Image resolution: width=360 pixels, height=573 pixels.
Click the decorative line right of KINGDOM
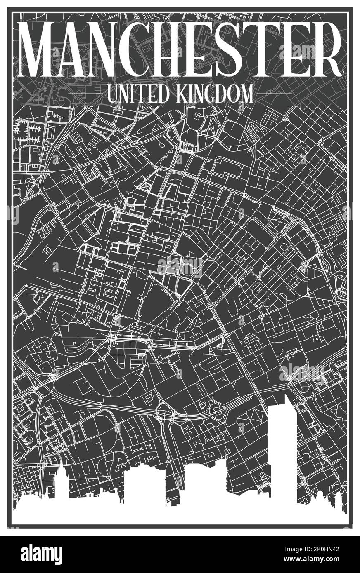coord(274,94)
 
